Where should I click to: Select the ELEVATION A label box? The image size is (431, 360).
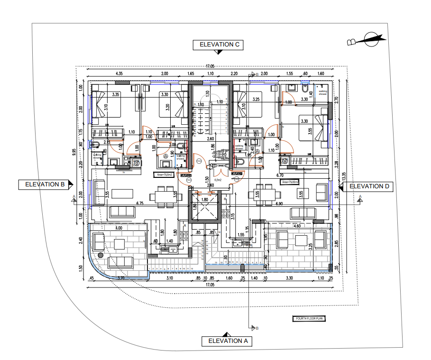click(227, 341)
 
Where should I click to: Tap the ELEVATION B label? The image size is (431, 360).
click(45, 185)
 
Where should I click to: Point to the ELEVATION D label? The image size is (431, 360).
click(369, 186)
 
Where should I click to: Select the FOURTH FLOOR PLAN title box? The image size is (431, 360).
click(308, 319)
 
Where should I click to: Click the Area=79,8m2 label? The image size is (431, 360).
click(164, 175)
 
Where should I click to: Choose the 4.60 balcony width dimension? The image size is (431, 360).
click(297, 227)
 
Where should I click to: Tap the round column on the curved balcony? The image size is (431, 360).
click(101, 255)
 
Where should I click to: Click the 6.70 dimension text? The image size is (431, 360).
click(280, 175)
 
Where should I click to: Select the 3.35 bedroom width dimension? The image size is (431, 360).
click(115, 95)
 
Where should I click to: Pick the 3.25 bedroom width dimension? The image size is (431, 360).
click(256, 100)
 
